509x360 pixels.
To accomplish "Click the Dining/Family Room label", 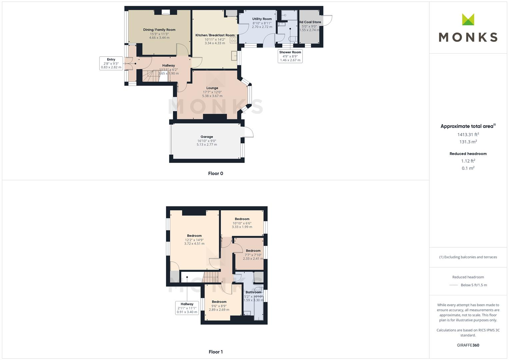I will pyautogui.click(x=159, y=30).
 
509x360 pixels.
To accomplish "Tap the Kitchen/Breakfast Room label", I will pyautogui.click(x=215, y=35).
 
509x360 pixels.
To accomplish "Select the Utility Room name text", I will pyautogui.click(x=262, y=19).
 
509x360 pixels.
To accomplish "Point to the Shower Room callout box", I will pyautogui.click(x=290, y=56).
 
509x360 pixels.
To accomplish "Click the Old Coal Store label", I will pyautogui.click(x=310, y=22).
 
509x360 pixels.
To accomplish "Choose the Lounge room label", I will pyautogui.click(x=212, y=88).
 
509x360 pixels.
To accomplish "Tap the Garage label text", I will pyautogui.click(x=207, y=137).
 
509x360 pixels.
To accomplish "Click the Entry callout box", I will pyautogui.click(x=111, y=63).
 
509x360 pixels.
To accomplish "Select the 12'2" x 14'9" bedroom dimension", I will pyautogui.click(x=194, y=240).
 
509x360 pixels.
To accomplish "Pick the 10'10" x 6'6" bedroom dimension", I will pyautogui.click(x=242, y=223).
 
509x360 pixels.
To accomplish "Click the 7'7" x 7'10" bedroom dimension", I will pyautogui.click(x=253, y=255).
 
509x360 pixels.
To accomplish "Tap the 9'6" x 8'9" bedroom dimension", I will pyautogui.click(x=219, y=306).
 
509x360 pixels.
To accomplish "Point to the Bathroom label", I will pyautogui.click(x=253, y=292).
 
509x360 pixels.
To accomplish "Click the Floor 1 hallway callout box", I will pyautogui.click(x=187, y=308).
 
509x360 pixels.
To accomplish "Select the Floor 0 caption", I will pyautogui.click(x=215, y=173).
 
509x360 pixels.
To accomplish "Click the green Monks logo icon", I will pyautogui.click(x=468, y=19).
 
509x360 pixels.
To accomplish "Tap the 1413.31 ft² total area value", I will pyautogui.click(x=468, y=135).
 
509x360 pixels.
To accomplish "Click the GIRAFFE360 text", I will pyautogui.click(x=468, y=345).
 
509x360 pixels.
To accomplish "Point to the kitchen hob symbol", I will pyautogui.click(x=233, y=39).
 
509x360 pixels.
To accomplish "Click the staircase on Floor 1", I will pyautogui.click(x=211, y=276).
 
